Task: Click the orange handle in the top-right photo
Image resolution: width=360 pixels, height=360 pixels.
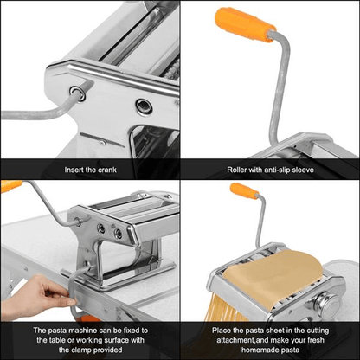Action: [246, 25]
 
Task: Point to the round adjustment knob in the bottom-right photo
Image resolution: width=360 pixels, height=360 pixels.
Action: [330, 305]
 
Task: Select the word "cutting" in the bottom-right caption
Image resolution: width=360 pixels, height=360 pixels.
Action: [323, 330]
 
